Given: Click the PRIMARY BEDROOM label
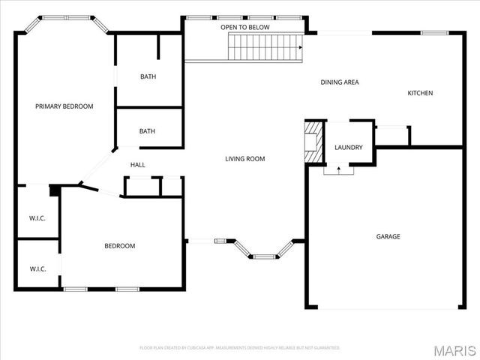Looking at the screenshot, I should click(x=64, y=106).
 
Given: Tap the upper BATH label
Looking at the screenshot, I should click(x=148, y=76).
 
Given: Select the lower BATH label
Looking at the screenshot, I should click(x=147, y=131).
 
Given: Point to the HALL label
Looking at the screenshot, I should click(x=138, y=165).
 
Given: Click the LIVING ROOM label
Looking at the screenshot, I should click(x=245, y=158).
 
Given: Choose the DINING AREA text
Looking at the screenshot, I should click(x=340, y=82).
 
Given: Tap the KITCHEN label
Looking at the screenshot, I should click(x=420, y=93).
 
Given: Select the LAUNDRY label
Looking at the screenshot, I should click(x=349, y=148).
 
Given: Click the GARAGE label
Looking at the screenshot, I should click(x=388, y=236).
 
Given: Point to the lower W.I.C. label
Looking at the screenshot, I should click(x=37, y=268).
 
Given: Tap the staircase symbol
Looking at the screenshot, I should click(x=265, y=47).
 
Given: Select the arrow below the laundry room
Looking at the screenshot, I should click(x=338, y=170).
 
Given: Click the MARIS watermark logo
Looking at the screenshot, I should click(x=454, y=350).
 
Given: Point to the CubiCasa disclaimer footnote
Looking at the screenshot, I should click(x=240, y=348).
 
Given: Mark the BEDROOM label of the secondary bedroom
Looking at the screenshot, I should click(x=119, y=246).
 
